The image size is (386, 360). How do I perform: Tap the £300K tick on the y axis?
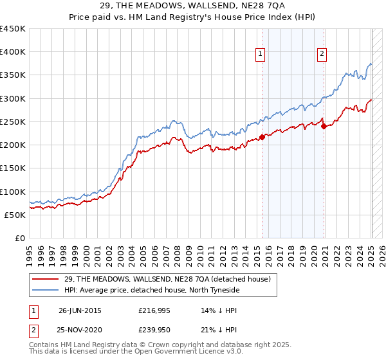12,98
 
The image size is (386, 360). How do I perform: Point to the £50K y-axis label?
15,215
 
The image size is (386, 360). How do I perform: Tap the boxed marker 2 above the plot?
321,55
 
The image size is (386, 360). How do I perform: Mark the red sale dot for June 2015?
262,137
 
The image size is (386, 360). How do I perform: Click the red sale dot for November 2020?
324,126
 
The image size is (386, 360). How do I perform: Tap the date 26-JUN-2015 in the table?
80,310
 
